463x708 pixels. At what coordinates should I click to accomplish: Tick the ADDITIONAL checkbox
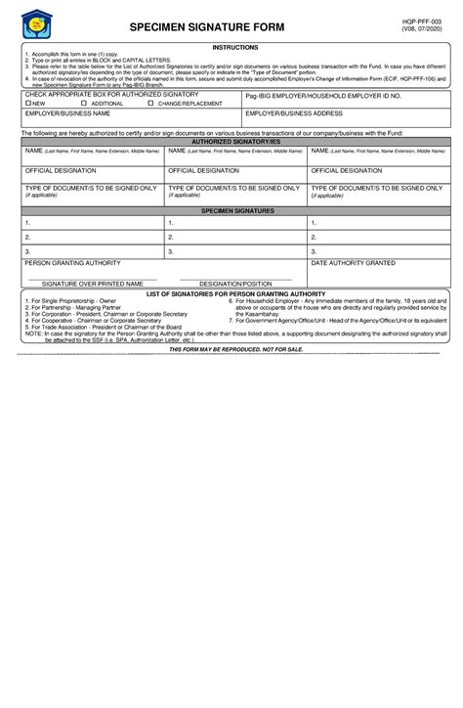coord(84,102)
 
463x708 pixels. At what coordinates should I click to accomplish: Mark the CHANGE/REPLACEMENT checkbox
coord(149,102)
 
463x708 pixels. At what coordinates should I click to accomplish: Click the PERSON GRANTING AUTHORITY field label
coord(72,263)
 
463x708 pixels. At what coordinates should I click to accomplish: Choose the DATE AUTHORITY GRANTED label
coord(353,263)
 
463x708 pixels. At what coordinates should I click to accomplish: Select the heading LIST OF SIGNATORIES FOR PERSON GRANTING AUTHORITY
coord(235,293)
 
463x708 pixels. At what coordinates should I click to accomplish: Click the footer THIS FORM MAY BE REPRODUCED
coord(235,348)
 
